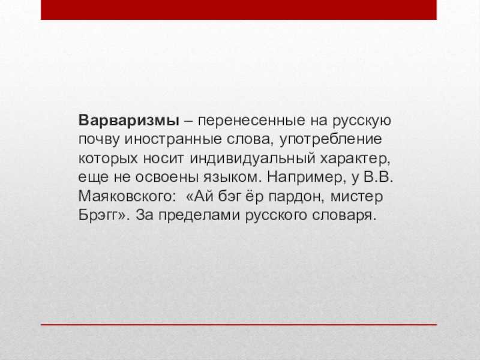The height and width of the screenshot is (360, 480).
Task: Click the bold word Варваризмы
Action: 129,121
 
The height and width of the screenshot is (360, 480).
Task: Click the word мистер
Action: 357,197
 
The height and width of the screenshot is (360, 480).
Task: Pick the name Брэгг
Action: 98,216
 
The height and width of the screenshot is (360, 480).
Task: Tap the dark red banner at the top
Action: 239,10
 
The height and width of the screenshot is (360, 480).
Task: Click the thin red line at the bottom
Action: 239,325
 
